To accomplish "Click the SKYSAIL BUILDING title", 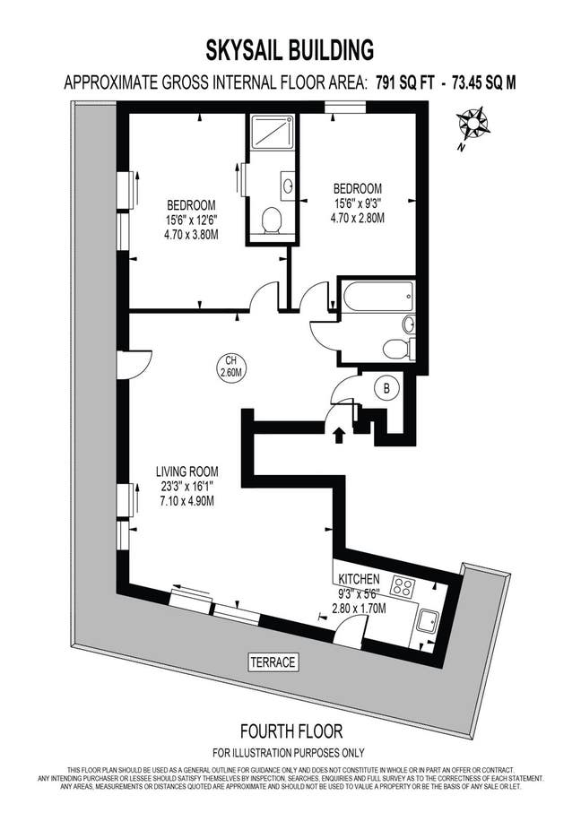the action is point(290,50).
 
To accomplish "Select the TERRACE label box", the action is point(273,661).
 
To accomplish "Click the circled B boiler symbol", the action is point(386,388).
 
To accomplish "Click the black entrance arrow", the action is point(339,434).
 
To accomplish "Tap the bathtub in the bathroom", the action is point(377,298).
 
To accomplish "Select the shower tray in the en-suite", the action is point(272,132).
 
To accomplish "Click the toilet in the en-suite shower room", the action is point(272,220).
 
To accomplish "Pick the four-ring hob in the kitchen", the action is point(403,586).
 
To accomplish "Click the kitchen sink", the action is point(427,620).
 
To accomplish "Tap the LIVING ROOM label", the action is point(187,471).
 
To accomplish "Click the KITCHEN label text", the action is point(359,579).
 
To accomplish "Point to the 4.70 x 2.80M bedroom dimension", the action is point(357,218).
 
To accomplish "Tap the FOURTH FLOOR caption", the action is point(291,731).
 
